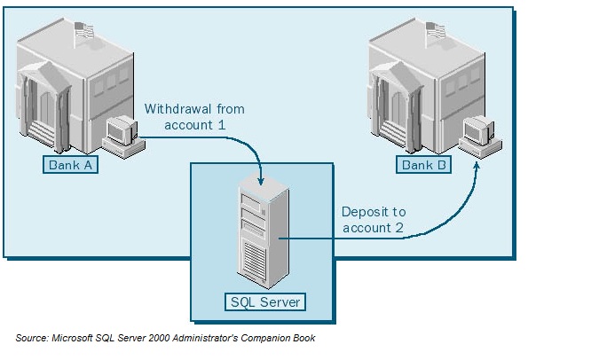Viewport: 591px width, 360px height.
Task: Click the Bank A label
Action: coord(68,165)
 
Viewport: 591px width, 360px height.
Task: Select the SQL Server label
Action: coord(265,302)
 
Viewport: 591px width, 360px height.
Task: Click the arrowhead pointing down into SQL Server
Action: coord(259,181)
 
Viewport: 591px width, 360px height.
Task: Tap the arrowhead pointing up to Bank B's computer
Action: coord(477,165)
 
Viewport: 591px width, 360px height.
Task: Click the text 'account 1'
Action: coord(195,125)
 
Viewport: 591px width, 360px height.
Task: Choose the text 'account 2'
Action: coord(373,228)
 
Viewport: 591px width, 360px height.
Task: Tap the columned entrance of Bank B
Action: coord(392,111)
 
